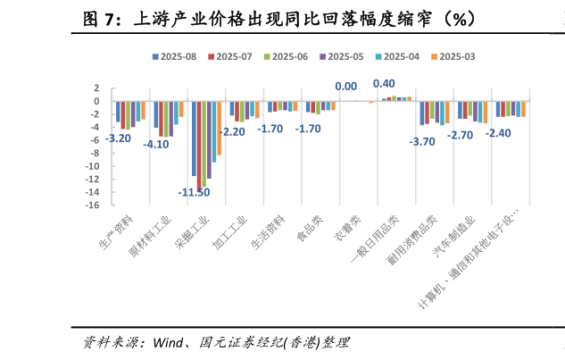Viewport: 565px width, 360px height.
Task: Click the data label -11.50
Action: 194,192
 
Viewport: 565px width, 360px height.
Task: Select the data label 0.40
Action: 384,84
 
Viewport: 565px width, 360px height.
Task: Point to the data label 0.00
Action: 345,87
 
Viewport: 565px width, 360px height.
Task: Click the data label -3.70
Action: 421,141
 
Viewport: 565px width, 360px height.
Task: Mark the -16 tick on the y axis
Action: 93,205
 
